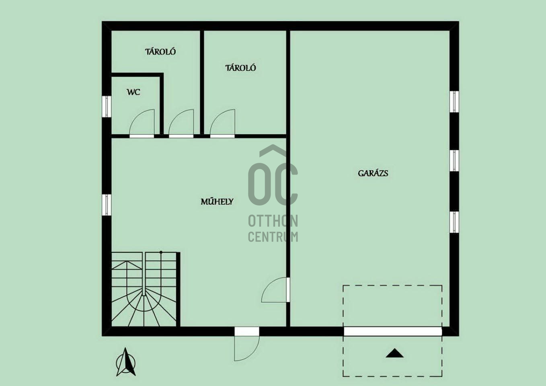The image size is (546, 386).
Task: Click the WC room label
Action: pos(133,92)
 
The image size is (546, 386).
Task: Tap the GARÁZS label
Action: pos(373,173)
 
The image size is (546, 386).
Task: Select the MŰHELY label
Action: pos(217,201)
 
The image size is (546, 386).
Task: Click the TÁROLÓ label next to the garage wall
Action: pos(240,68)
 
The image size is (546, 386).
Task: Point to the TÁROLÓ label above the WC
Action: pos(160,51)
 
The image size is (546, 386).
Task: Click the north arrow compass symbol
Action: pos(126,362)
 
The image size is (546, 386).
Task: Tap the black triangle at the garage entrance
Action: pos(395,353)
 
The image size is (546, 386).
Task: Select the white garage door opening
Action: pos(393,331)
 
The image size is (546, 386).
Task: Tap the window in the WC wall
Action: pos(107,107)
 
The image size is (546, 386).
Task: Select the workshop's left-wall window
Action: pos(107,205)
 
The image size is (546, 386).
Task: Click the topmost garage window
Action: pos(454,102)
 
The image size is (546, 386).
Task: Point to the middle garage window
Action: pos(454,160)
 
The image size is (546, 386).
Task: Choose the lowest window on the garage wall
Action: pos(454,222)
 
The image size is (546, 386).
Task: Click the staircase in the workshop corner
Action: pos(146,289)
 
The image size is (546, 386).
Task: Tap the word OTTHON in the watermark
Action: pos(273,221)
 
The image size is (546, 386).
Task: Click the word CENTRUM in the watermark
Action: pos(273,236)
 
